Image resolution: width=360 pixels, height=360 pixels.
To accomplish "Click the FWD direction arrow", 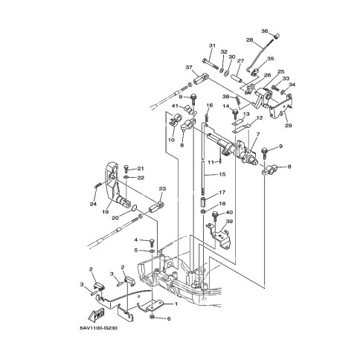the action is click(x=97, y=315).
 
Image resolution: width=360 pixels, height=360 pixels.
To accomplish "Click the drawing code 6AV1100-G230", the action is click(x=98, y=328).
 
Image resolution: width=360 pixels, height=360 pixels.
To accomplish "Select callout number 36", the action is click(x=265, y=31).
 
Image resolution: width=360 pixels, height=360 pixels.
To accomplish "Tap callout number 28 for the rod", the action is click(x=250, y=39).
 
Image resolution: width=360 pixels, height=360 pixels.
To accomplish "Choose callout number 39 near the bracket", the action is click(x=230, y=221).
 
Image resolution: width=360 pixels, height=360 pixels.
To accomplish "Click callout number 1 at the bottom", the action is click(x=176, y=303).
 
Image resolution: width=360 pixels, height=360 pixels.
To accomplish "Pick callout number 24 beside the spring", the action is click(x=93, y=204).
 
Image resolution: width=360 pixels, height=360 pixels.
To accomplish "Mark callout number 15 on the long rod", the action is click(x=222, y=174).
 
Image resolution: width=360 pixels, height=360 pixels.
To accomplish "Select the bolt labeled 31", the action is click(x=210, y=64).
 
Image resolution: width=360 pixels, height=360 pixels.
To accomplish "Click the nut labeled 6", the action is click(x=152, y=317).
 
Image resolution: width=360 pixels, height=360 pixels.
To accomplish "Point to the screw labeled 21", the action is click(x=126, y=169).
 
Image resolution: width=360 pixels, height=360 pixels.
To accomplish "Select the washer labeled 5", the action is click(x=152, y=251).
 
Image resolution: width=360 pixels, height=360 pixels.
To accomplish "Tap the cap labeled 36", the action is click(x=277, y=36).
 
